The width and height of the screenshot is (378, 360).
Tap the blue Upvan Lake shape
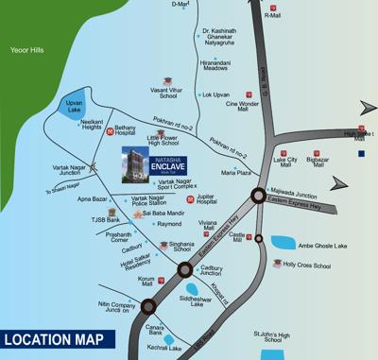click(71, 106)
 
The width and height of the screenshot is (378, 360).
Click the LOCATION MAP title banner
click(56, 338)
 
